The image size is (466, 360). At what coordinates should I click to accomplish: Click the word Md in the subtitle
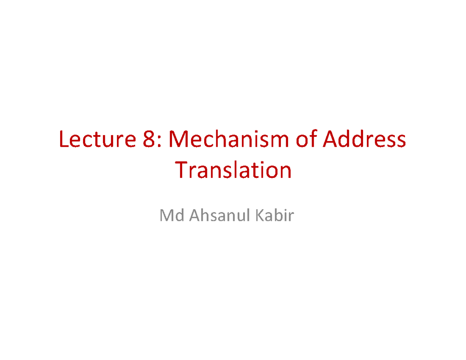point(171,216)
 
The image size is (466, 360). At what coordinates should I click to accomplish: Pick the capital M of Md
point(166,216)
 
